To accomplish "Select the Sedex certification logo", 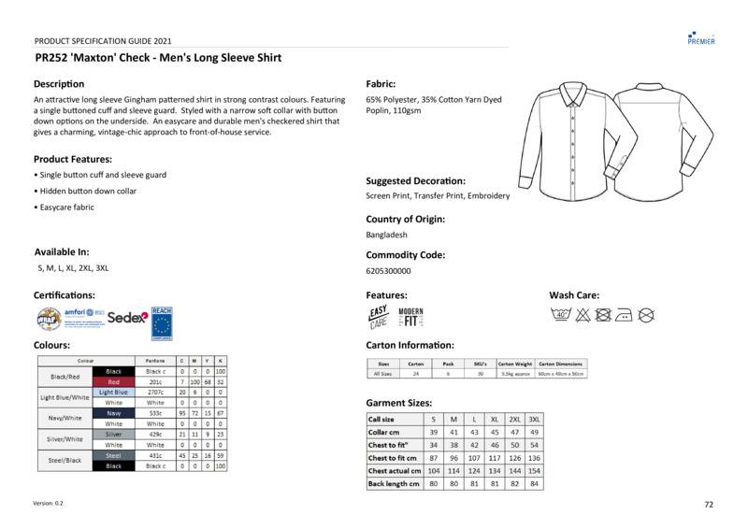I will (127, 318).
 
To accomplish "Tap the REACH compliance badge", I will (163, 319).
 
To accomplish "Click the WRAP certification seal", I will (49, 319).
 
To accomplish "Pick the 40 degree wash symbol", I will (562, 315).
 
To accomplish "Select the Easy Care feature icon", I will (379, 317).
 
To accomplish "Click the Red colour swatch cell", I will (113, 381).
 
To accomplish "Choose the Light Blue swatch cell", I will (113, 393).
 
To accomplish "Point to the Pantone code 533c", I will (155, 413).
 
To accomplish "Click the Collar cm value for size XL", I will (495, 433).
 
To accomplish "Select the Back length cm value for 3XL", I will (534, 484).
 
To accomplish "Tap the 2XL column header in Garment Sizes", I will (514, 420).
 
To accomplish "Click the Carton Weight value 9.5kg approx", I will (516, 374).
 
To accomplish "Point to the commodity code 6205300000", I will (388, 271).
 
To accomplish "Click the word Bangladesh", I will (386, 236).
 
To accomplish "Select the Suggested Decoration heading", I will (415, 180).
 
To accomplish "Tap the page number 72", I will (709, 505).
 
